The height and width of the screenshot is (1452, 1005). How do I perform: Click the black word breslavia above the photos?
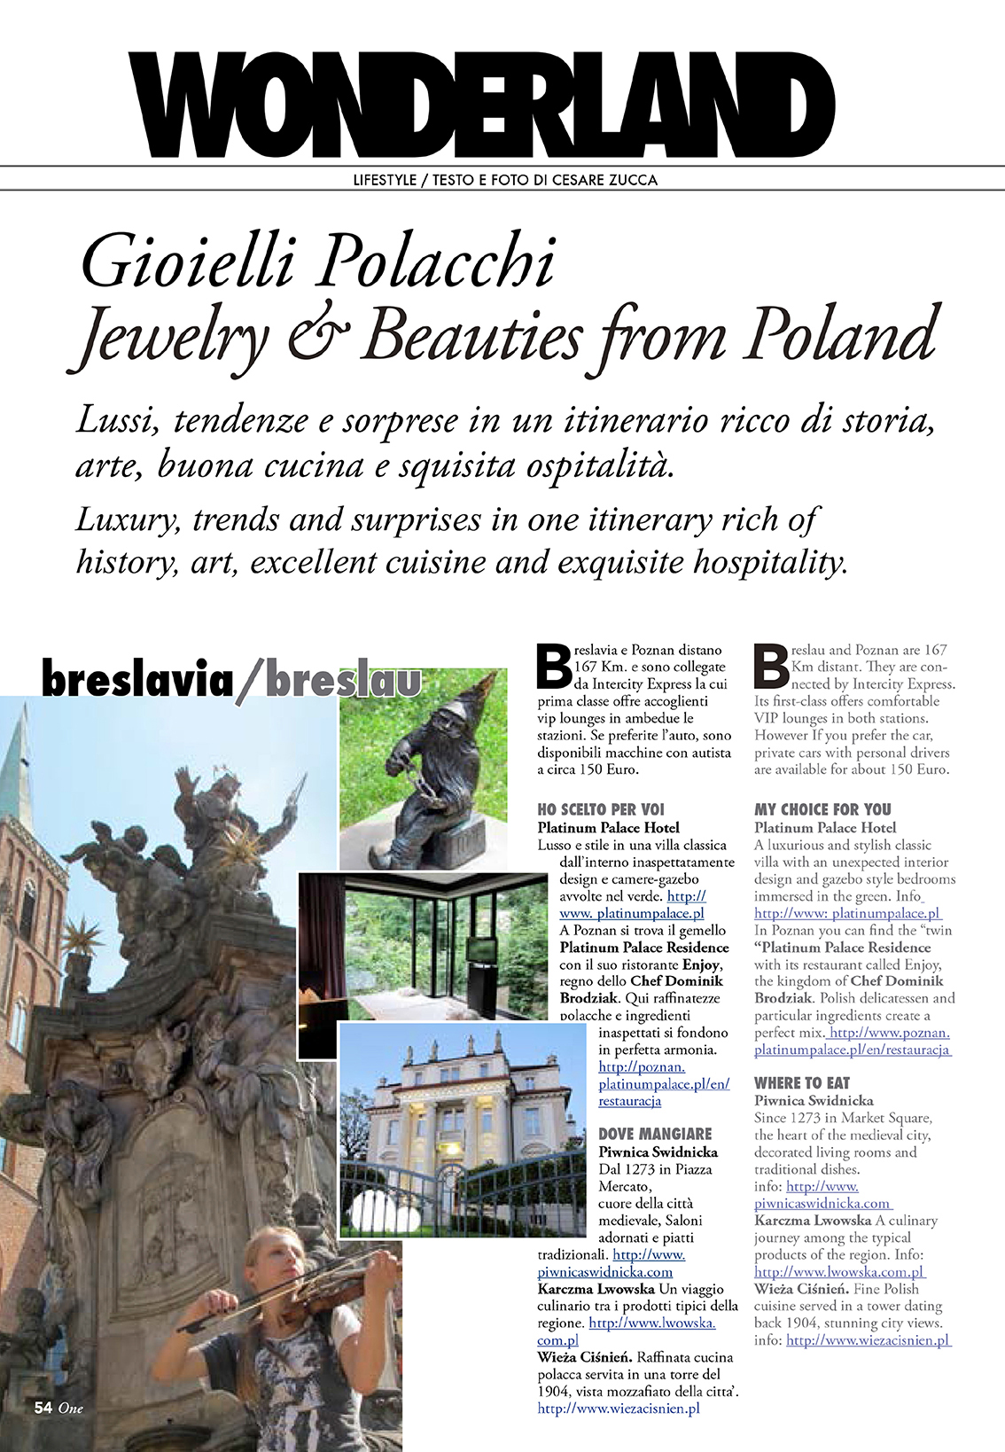tap(137, 681)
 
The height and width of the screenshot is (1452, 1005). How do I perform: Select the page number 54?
tap(43, 1407)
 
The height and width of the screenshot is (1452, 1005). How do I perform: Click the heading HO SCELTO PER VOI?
tap(600, 809)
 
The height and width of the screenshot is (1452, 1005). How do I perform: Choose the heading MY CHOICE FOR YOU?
tap(822, 809)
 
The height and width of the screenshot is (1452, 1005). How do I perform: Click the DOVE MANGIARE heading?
tap(655, 1134)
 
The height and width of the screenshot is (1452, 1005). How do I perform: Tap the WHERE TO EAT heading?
tap(801, 1083)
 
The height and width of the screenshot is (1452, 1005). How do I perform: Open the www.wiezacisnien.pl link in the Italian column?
tap(619, 1408)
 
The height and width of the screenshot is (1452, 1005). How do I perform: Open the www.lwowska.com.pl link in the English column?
tap(838, 1272)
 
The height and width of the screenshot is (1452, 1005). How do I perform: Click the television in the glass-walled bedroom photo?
tap(483, 950)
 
